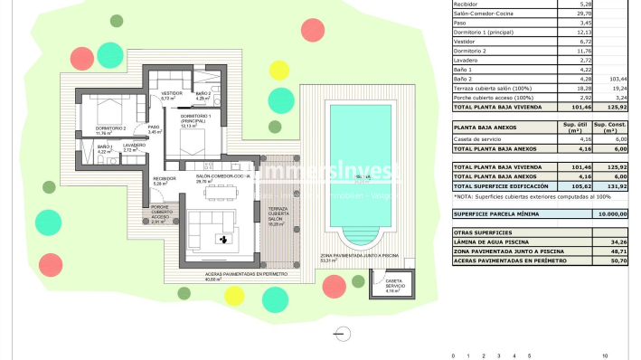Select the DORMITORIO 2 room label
(x=111, y=129)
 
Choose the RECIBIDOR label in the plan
(x=164, y=178)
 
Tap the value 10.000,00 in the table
(x=612, y=213)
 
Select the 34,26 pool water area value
(x=617, y=242)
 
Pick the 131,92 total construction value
(x=617, y=185)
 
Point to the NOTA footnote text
(x=519, y=196)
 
